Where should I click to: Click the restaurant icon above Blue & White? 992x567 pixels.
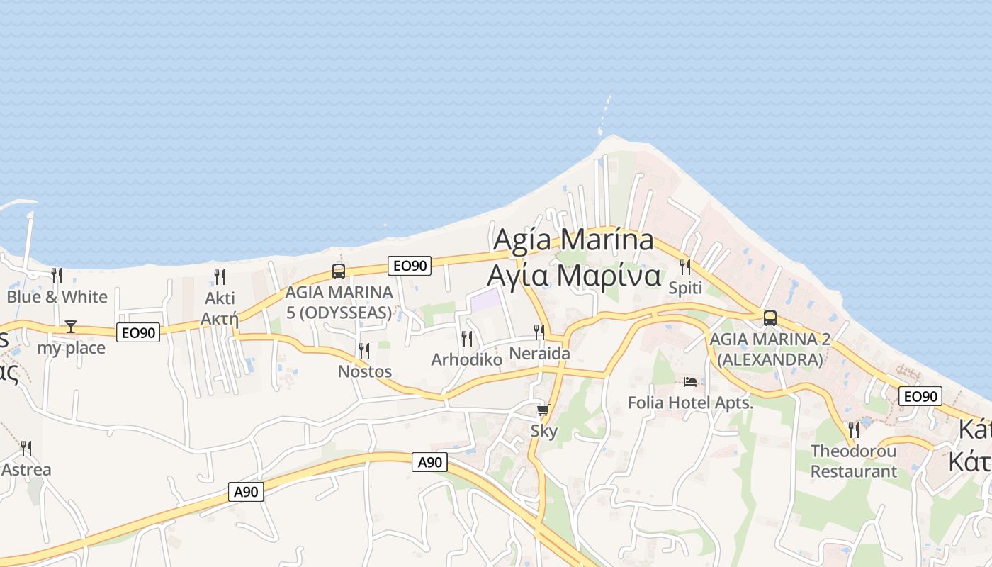coord(57,275)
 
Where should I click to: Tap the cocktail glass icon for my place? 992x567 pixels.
coord(71,326)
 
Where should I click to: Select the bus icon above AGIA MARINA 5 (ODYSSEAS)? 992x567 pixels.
coord(339,271)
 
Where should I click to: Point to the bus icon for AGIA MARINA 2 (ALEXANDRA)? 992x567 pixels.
coord(770,318)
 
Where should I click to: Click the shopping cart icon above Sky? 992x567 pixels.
coord(543,410)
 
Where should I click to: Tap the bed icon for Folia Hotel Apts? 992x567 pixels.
coord(690,382)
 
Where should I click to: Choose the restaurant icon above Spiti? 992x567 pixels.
coord(685,267)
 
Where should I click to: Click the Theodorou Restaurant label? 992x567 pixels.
coord(853,461)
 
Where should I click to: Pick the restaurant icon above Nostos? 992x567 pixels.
coord(364,350)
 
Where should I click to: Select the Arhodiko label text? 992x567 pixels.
coord(466,360)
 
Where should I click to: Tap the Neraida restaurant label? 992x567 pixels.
coord(540,353)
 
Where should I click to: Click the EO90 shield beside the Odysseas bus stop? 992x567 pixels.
coord(410,266)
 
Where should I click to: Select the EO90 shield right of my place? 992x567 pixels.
coord(137,332)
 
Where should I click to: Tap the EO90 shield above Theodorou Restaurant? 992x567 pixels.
coord(920,396)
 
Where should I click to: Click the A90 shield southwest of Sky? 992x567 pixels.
coord(429,462)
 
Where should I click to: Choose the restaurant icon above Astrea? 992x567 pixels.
coord(26,448)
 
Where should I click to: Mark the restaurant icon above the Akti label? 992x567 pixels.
coord(220,276)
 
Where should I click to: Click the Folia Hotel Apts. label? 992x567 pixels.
coord(690,403)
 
